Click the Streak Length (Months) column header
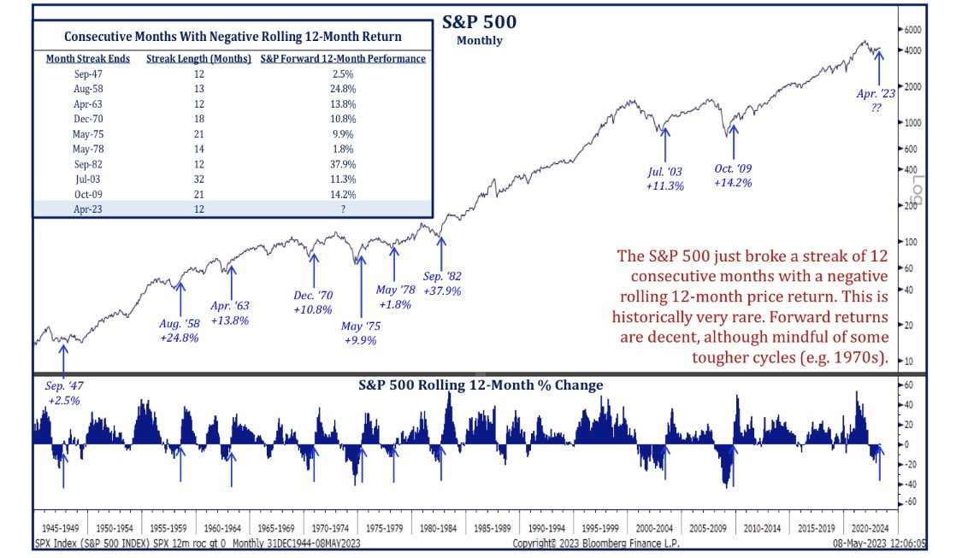point(198,59)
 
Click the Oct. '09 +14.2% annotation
point(734,175)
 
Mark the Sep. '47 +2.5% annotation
point(64,393)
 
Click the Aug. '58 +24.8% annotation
point(180,331)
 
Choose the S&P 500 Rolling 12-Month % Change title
point(481,385)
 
